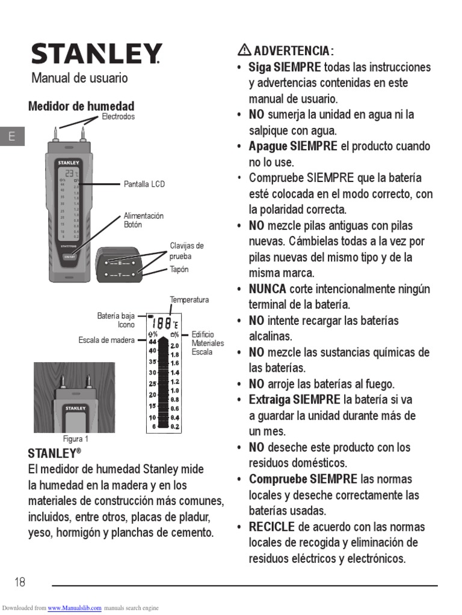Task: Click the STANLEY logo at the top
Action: click(x=96, y=54)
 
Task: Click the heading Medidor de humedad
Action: click(x=81, y=106)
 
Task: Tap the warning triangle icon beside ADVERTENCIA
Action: click(x=244, y=50)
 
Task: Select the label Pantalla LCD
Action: click(x=144, y=184)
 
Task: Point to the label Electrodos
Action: click(x=118, y=117)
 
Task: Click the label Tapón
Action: click(x=179, y=270)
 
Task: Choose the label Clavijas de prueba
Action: click(x=186, y=251)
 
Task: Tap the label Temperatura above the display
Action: click(x=189, y=300)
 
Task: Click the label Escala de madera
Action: click(x=106, y=341)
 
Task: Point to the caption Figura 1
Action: click(x=76, y=439)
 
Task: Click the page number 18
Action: click(x=20, y=582)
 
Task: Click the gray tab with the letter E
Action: click(x=11, y=137)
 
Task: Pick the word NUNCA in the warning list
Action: click(x=268, y=289)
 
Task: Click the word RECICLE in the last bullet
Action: click(x=272, y=527)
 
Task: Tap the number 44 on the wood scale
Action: click(x=153, y=342)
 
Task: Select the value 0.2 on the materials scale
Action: click(x=174, y=426)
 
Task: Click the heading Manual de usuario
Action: click(x=79, y=78)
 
